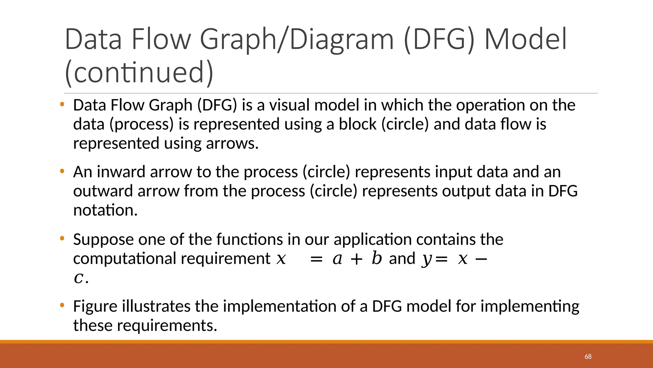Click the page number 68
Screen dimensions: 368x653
point(588,356)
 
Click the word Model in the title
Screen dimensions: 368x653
point(525,39)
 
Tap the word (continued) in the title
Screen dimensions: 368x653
point(139,73)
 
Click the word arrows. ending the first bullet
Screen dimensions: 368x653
point(232,143)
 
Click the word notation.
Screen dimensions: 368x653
point(105,210)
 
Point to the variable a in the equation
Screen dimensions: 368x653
point(337,259)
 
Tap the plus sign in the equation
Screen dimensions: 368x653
point(356,259)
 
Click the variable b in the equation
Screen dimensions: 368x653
point(377,258)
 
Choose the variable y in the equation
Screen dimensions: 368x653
point(426,259)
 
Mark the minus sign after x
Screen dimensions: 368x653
point(481,259)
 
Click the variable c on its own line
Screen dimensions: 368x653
point(78,278)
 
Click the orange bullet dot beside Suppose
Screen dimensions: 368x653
point(62,238)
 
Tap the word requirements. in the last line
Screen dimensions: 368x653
point(167,326)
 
